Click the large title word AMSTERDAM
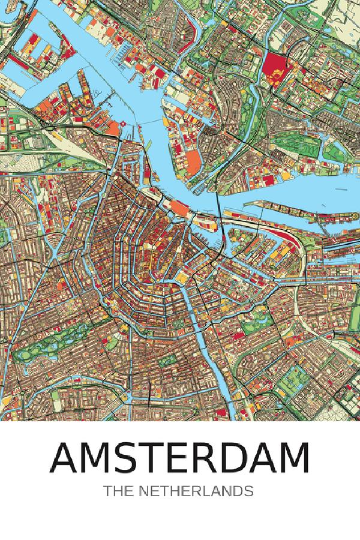point(180,458)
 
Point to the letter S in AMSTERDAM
point(124,458)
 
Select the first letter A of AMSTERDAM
point(66,458)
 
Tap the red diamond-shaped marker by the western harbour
point(122,124)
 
